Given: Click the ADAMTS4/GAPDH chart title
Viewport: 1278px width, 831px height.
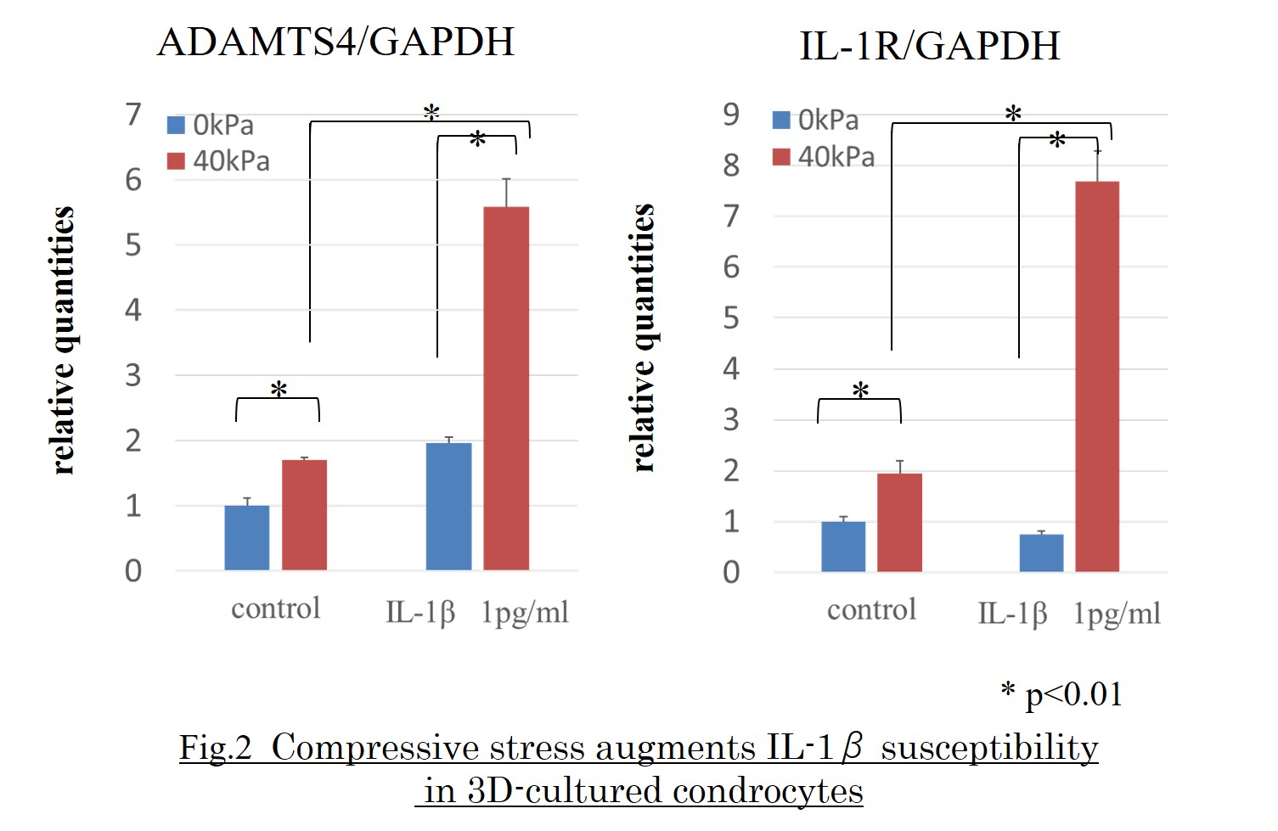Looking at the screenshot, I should [x=336, y=42].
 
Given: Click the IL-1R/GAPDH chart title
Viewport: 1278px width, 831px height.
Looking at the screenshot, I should [x=929, y=46].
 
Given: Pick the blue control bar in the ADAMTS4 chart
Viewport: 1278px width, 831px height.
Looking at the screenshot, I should [x=247, y=537].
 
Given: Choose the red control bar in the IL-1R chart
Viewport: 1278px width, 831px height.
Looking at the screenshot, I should [x=899, y=522].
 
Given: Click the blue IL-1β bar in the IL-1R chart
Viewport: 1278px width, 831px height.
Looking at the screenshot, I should [x=1041, y=553].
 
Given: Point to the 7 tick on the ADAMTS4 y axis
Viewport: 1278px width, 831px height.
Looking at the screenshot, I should [x=133, y=115].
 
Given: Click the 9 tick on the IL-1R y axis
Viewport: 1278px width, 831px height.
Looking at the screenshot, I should [x=731, y=115].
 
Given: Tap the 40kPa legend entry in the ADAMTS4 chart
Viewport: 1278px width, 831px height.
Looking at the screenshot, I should [x=220, y=160].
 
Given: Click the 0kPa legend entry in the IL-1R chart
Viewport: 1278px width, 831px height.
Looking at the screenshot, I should [x=817, y=121].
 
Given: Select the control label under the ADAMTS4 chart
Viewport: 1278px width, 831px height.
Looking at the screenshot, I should [x=276, y=609].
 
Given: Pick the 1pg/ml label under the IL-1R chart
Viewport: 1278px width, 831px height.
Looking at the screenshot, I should [x=1117, y=613].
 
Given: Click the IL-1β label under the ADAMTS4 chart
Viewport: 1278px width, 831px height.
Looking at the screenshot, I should [x=420, y=611].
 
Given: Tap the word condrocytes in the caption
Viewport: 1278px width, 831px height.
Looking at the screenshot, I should [x=767, y=791].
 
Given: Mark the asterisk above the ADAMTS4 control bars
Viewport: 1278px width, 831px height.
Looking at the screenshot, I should [x=279, y=390].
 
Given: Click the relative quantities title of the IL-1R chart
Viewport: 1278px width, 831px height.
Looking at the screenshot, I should [x=644, y=338].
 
